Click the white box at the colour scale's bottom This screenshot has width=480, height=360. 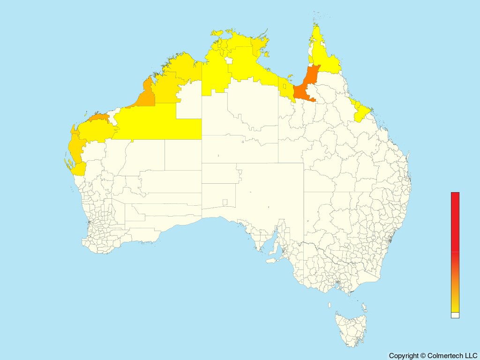click(x=455, y=315)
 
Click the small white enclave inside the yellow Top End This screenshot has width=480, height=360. click(x=229, y=60)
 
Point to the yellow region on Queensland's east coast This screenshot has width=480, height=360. click(x=362, y=112)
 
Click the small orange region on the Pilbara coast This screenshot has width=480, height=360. click(x=98, y=117)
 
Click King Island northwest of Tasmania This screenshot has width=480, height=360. click(x=330, y=305)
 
